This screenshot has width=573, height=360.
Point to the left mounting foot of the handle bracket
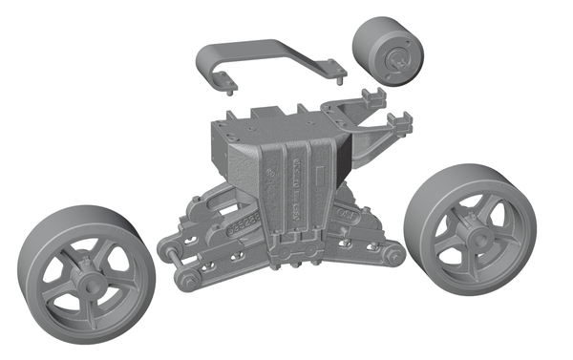229,93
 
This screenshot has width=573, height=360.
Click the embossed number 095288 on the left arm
245,222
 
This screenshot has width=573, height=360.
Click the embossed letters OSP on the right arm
344,217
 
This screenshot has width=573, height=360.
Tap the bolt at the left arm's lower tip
188,282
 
